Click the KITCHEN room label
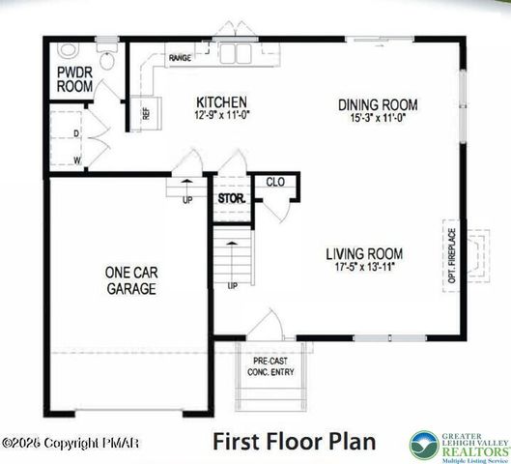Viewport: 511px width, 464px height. (x=222, y=102)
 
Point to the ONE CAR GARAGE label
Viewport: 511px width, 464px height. (x=131, y=280)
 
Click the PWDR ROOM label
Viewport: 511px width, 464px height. (x=74, y=79)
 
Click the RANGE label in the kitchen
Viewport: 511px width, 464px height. (x=180, y=59)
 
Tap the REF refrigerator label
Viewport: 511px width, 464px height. (x=147, y=113)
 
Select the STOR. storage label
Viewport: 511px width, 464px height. (x=231, y=200)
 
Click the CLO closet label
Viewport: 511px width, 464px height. (x=273, y=181)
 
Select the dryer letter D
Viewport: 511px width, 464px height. (x=75, y=133)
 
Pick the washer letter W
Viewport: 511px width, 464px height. (x=75, y=158)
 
